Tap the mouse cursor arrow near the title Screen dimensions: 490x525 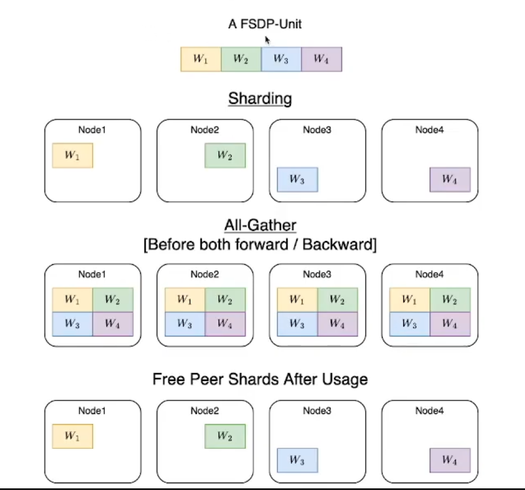[x=268, y=40]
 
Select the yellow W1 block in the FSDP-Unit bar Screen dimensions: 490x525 [x=201, y=59]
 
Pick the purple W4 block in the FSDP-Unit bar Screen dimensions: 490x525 [x=321, y=59]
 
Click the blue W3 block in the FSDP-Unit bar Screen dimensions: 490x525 [x=281, y=59]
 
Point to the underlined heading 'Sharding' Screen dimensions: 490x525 [x=260, y=99]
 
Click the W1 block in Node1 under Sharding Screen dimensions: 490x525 [x=72, y=155]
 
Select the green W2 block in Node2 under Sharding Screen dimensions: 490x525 [x=225, y=155]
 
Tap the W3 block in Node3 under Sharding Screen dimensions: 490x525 [x=297, y=180]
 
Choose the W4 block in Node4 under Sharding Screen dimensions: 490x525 [x=450, y=180]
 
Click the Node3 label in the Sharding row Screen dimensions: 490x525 [x=317, y=130]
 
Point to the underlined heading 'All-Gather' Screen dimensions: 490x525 [x=260, y=226]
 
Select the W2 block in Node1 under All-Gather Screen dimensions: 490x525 [x=113, y=300]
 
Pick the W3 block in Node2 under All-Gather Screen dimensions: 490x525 [x=185, y=324]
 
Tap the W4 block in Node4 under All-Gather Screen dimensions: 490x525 [x=450, y=324]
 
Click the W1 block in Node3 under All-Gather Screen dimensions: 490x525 [x=297, y=300]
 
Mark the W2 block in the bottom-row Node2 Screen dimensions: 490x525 [x=225, y=436]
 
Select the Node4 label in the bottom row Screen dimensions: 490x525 [x=429, y=411]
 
